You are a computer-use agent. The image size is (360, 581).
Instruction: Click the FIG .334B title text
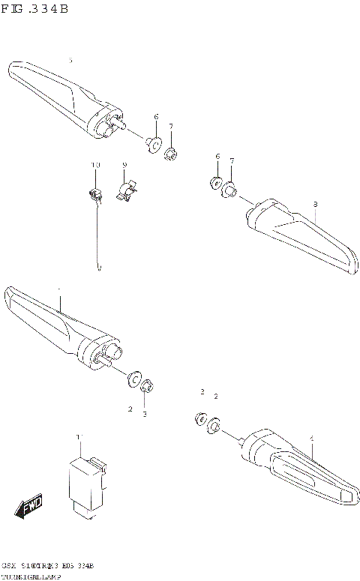35,9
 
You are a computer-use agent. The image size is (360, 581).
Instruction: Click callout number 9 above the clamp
124,165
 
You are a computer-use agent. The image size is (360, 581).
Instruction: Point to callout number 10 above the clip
95,165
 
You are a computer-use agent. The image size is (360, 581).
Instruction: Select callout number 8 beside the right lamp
315,204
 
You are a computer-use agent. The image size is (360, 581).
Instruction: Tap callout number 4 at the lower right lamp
312,438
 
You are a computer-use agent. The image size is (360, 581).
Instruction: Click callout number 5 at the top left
70,60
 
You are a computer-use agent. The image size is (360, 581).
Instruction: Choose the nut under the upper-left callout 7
171,154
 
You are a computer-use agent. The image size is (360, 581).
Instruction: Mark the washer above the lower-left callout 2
136,378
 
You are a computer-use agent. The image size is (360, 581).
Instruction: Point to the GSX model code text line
48,565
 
